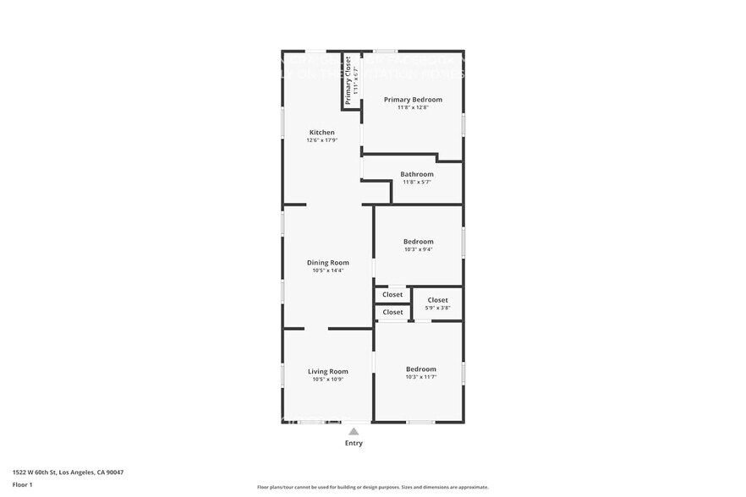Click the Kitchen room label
[321, 133]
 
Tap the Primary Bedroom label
[413, 100]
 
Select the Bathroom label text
[417, 174]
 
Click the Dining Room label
[327, 263]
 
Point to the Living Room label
[327, 371]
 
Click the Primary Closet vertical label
[348, 79]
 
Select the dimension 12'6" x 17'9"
[321, 140]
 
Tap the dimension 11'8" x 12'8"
[413, 107]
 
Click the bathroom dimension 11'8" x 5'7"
[417, 182]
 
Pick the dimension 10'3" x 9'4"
[418, 249]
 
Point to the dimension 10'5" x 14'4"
[327, 270]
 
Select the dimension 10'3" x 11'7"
[420, 377]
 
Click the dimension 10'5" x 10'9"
[327, 380]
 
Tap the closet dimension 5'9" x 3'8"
[437, 308]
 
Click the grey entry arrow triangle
[354, 432]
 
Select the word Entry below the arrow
[354, 443]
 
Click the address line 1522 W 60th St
[74, 472]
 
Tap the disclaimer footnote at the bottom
[372, 488]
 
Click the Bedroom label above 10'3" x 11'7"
[420, 369]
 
